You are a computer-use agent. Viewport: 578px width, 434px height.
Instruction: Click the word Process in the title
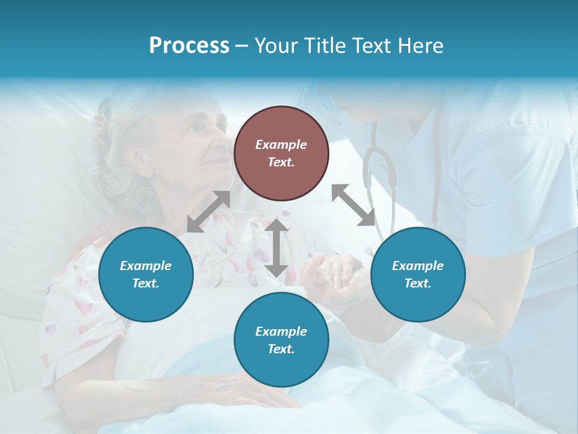[x=189, y=46]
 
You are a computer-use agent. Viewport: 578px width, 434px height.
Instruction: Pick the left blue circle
[x=146, y=274]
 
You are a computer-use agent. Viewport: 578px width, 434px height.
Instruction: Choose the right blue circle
[x=418, y=274]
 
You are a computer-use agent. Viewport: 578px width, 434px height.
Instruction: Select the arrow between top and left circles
[x=208, y=211]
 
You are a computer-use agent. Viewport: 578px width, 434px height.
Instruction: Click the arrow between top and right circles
[x=353, y=205]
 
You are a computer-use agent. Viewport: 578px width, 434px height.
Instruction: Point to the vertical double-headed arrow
[x=276, y=248]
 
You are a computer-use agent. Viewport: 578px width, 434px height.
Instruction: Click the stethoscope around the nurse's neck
[x=379, y=169]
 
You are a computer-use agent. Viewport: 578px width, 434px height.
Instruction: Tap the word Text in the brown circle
[x=281, y=162]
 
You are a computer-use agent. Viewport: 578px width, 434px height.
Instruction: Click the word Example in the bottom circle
[x=281, y=331]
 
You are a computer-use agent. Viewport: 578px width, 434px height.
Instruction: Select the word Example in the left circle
[x=146, y=265]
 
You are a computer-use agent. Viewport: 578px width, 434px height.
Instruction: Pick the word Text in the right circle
[x=418, y=283]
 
